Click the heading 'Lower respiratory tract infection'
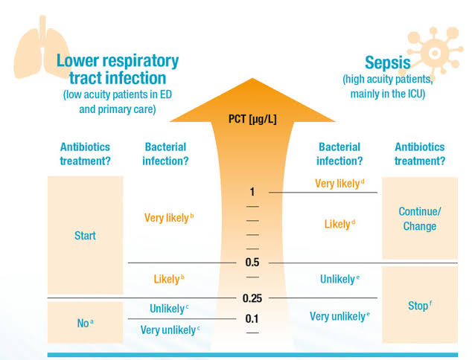tap(118, 69)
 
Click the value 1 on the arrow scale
tap(252, 192)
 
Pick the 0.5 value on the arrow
tap(252, 263)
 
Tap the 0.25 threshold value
tap(252, 298)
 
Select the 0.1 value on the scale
tap(252, 318)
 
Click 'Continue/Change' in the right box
tap(419, 219)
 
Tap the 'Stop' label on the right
tap(419, 306)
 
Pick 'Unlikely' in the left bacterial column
tap(169, 309)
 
